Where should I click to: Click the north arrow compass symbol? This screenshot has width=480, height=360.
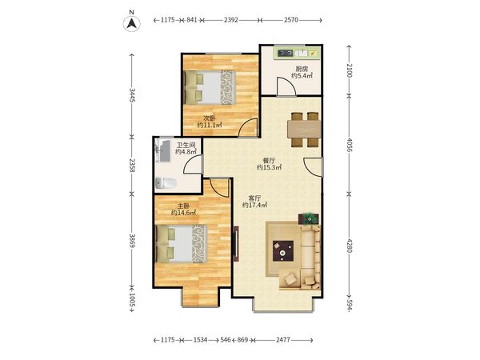click(132, 23)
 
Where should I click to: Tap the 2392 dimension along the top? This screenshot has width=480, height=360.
click(231, 20)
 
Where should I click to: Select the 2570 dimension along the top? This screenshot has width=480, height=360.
click(291, 20)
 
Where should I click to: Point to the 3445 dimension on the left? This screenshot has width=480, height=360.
click(132, 95)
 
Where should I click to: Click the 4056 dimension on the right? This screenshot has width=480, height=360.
click(350, 145)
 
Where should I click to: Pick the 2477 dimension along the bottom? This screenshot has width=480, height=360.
click(283, 340)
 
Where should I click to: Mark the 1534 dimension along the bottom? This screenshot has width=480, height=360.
click(200, 340)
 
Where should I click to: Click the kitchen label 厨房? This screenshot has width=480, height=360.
click(302, 69)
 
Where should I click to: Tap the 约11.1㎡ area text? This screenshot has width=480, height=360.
click(210, 125)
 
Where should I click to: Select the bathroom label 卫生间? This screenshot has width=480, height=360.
click(186, 145)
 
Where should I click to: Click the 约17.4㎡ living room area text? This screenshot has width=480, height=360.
click(254, 205)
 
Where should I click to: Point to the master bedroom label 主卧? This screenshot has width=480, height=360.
click(183, 206)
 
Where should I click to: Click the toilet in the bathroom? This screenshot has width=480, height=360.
click(166, 183)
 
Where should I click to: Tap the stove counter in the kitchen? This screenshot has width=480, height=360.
click(298, 54)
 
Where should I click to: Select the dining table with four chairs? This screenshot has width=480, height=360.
click(304, 130)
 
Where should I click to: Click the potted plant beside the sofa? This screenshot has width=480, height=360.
click(309, 219)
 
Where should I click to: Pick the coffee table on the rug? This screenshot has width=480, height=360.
click(283, 251)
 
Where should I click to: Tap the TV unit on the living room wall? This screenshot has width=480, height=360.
click(236, 244)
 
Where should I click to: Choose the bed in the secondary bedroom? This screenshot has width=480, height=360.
click(210, 87)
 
